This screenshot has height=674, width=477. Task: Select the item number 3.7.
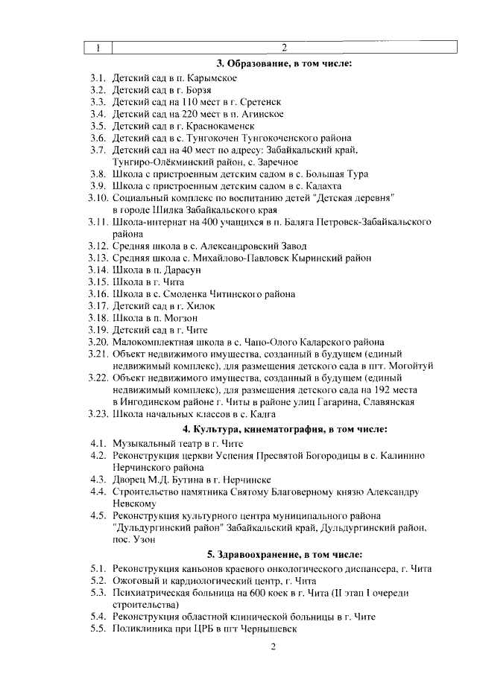[x=98, y=150]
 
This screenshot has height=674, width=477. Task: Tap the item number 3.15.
[x=98, y=282]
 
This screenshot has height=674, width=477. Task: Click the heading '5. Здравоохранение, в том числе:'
[x=284, y=555]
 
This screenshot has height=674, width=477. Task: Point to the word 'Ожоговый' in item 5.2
[x=135, y=581]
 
